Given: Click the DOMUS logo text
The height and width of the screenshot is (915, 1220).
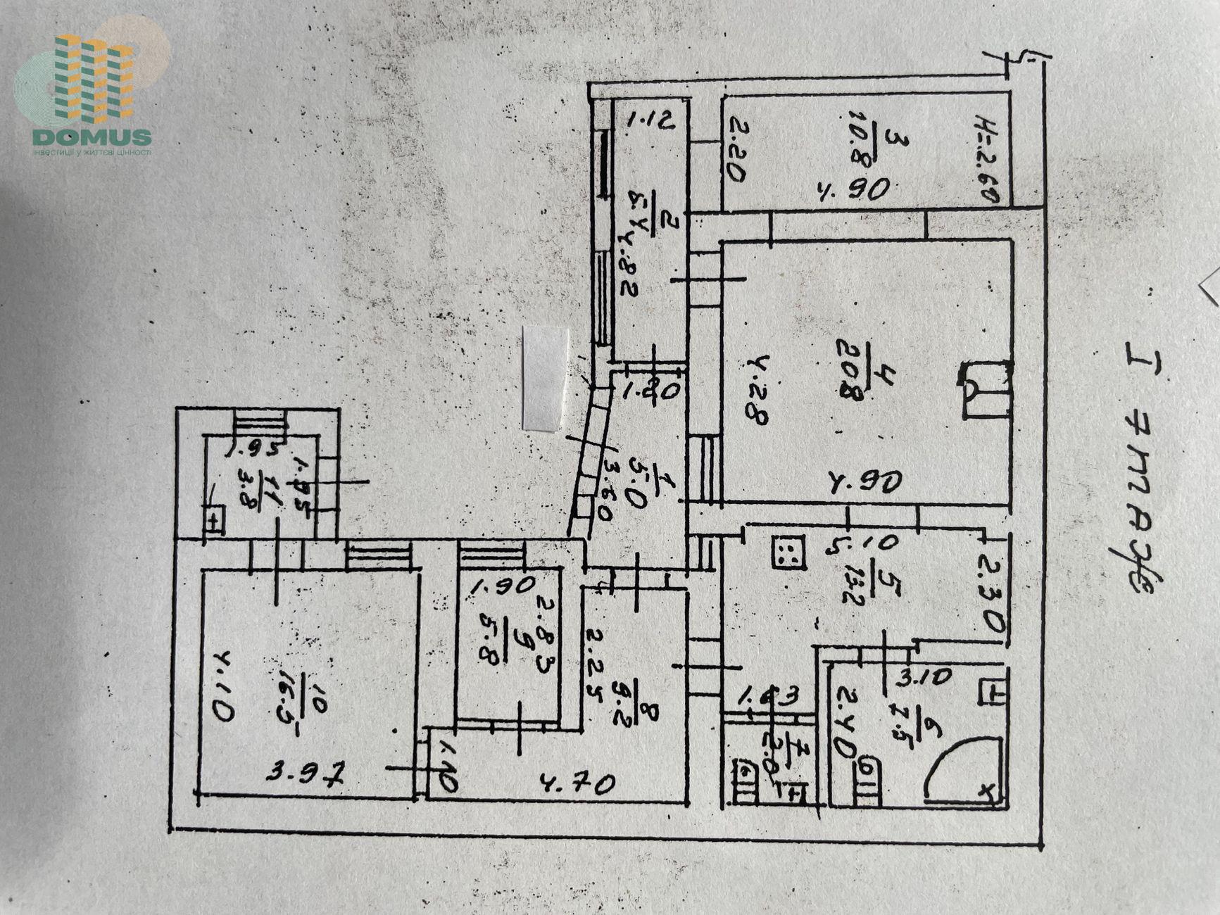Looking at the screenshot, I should click(92, 137).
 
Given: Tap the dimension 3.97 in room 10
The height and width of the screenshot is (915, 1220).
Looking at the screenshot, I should click(306, 775).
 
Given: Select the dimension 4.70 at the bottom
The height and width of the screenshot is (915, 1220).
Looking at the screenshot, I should click(577, 783).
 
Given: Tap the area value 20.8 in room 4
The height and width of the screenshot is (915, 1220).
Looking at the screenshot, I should click(851, 370).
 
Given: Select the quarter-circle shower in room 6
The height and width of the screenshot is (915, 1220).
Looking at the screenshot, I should click(964, 770).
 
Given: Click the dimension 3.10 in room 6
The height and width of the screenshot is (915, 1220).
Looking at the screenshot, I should click(925, 679).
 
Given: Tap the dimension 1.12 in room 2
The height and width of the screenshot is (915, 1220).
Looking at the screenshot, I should click(651, 120).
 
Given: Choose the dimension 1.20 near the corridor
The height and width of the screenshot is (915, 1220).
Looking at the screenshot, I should click(651, 389).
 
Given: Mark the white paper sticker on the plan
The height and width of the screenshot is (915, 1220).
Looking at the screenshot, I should click(546, 378).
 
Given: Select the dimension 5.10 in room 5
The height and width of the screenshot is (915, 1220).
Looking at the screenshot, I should click(862, 544).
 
